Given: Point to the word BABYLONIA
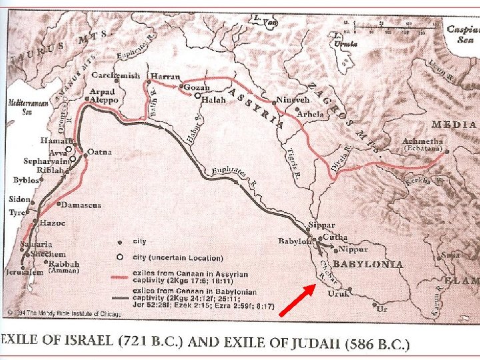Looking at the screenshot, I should pyautogui.click(x=368, y=265).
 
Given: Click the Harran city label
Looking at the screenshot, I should pyautogui.click(x=163, y=75).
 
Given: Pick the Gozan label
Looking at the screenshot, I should pyautogui.click(x=197, y=87).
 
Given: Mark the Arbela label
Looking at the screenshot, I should pyautogui.click(x=311, y=113).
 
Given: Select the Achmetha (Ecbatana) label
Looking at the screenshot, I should pyautogui.click(x=423, y=145).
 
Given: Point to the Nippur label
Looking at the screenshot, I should pyautogui.click(x=354, y=249).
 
